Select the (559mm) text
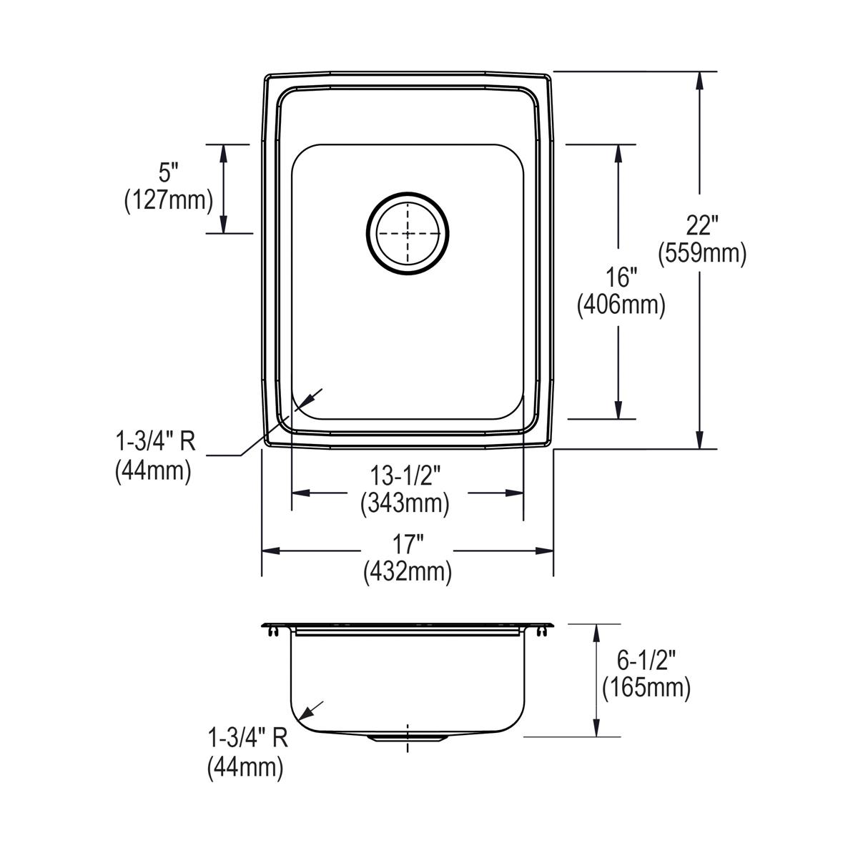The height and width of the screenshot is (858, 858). pos(702,254)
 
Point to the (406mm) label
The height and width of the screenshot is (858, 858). pos(621,305)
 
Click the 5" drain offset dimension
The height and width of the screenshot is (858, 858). pos(168,173)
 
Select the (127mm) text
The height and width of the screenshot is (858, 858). pos(169,201)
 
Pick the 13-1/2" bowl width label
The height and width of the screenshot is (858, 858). pos(405,476)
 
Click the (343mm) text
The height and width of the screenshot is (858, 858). pos(405,504)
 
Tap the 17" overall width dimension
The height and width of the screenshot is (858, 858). pos(408,544)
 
